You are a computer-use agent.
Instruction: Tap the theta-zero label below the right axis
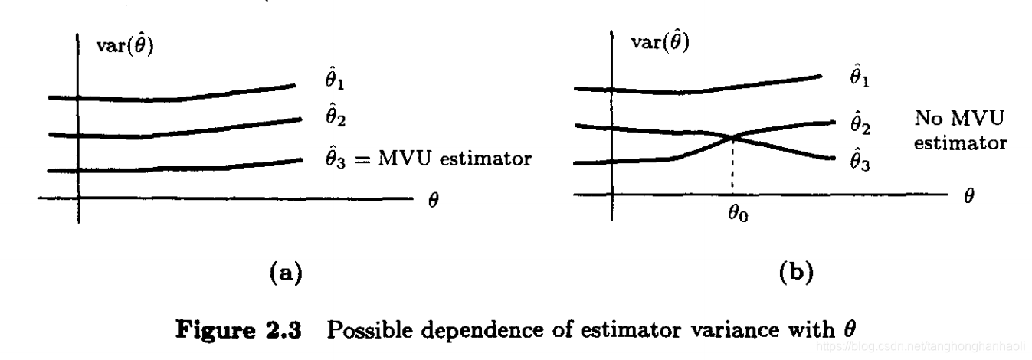[739, 214]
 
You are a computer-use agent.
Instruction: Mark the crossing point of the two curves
[734, 137]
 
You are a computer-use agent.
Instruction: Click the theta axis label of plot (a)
[433, 205]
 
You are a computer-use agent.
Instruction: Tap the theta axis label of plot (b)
[969, 196]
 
